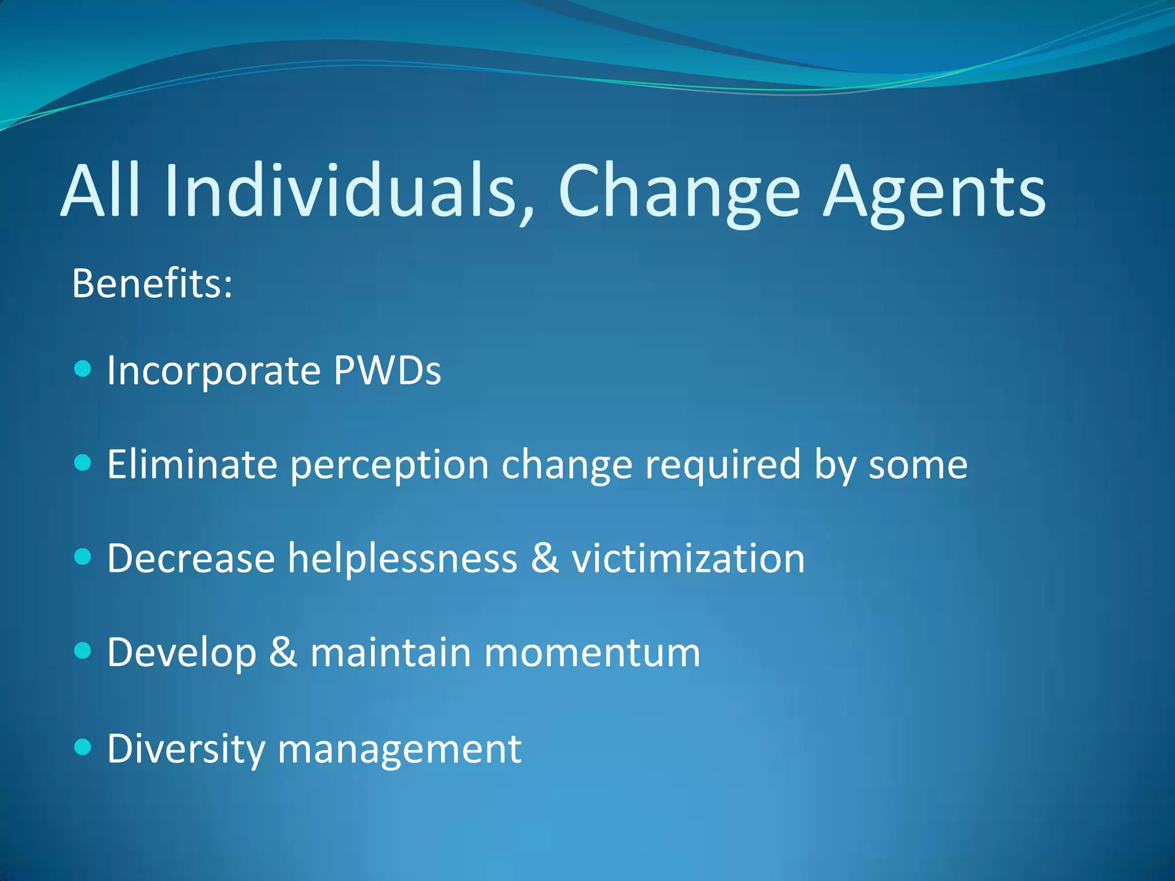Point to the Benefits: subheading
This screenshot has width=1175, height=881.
pos(152,283)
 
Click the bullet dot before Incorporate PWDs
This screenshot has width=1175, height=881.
pos(83,368)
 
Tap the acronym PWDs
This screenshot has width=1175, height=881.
pos(387,371)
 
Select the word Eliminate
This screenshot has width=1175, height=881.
pos(192,464)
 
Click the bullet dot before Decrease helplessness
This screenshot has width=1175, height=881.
pos(83,556)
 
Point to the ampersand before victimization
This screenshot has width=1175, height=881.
pos(544,558)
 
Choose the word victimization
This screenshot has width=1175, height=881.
pos(688,559)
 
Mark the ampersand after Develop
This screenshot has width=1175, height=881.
pos(283,652)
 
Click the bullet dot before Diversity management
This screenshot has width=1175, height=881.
pos(83,746)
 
